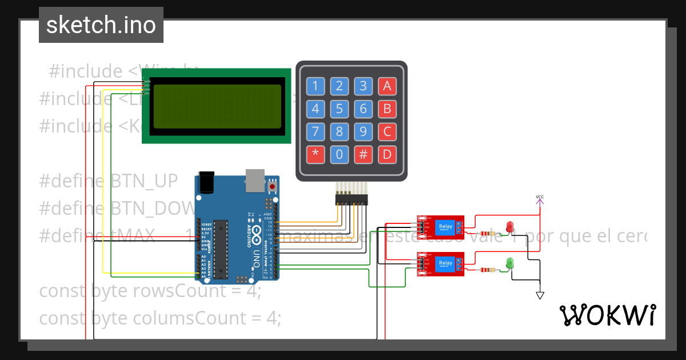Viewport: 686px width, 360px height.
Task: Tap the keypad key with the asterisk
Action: pos(315,154)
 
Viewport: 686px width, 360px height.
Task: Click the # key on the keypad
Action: pos(363,154)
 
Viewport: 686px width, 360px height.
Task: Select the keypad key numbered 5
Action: pos(339,109)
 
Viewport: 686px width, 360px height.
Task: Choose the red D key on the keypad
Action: pos(387,154)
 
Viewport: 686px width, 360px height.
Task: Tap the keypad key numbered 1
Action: pos(315,86)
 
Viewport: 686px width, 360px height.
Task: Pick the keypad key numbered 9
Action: pos(363,131)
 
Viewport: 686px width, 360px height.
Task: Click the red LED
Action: pos(510,227)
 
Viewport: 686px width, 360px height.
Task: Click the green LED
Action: pos(510,263)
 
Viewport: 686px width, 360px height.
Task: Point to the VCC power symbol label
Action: pos(540,198)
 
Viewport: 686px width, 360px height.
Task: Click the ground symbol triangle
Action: pos(540,295)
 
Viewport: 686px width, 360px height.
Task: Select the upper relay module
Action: pos(440,227)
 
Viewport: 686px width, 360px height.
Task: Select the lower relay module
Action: pos(440,263)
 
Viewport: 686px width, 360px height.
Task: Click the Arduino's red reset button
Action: pos(273,186)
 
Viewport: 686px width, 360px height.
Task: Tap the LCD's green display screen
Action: pos(217,106)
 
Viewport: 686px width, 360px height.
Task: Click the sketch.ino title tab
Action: pos(101,25)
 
